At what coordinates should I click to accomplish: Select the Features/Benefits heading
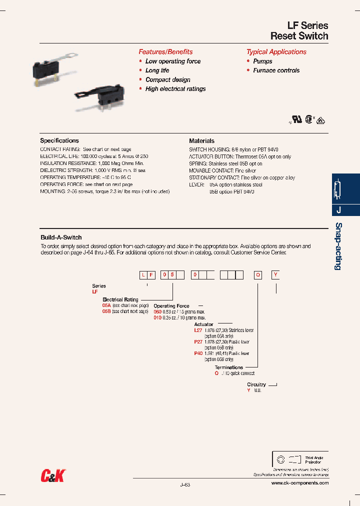tap(165, 51)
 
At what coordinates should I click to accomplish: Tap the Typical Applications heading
tap(276, 51)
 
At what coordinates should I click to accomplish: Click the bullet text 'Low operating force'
tap(173, 61)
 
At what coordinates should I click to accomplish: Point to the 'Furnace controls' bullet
tap(276, 70)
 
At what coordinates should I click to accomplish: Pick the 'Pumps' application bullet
tap(262, 61)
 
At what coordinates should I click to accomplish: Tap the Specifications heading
tap(59, 140)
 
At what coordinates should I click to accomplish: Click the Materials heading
tap(201, 140)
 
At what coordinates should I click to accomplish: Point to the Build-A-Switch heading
tap(61, 237)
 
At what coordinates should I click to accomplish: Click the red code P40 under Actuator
tap(198, 353)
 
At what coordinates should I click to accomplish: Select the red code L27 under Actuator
tap(197, 330)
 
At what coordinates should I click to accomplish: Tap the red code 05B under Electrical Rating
tap(106, 311)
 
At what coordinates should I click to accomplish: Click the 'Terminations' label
tap(229, 367)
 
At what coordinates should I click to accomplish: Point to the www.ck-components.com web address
tap(300, 483)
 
